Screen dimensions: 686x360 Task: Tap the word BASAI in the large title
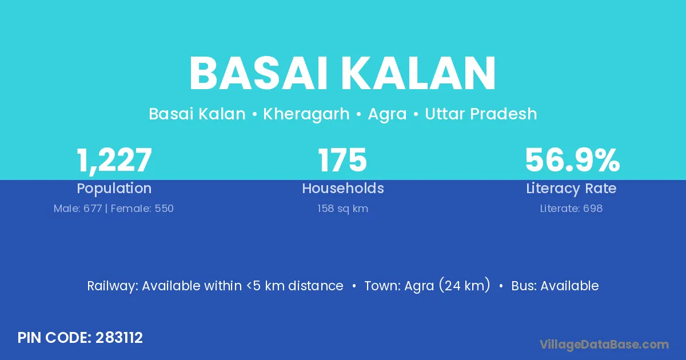[x=258, y=74]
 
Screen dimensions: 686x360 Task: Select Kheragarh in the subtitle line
[x=306, y=114]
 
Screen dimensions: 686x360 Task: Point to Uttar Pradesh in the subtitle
[x=481, y=114]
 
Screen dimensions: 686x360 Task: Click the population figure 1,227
[x=114, y=161]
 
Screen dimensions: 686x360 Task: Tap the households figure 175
[x=342, y=160]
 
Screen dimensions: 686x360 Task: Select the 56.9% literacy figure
[x=572, y=160]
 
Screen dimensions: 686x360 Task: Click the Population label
[x=114, y=189]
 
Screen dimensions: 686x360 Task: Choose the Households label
[x=343, y=188]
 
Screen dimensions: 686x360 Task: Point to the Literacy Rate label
[x=571, y=189]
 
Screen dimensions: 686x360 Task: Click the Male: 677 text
[x=78, y=209]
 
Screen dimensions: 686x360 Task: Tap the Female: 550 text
[x=142, y=209]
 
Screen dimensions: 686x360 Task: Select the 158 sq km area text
[x=342, y=209]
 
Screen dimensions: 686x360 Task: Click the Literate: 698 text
[x=571, y=209]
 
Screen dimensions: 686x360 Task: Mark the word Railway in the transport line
[x=113, y=286]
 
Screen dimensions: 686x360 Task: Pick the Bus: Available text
[x=555, y=286]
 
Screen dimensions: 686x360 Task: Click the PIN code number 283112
[x=119, y=338]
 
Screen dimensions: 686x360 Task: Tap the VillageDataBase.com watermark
[x=604, y=345]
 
